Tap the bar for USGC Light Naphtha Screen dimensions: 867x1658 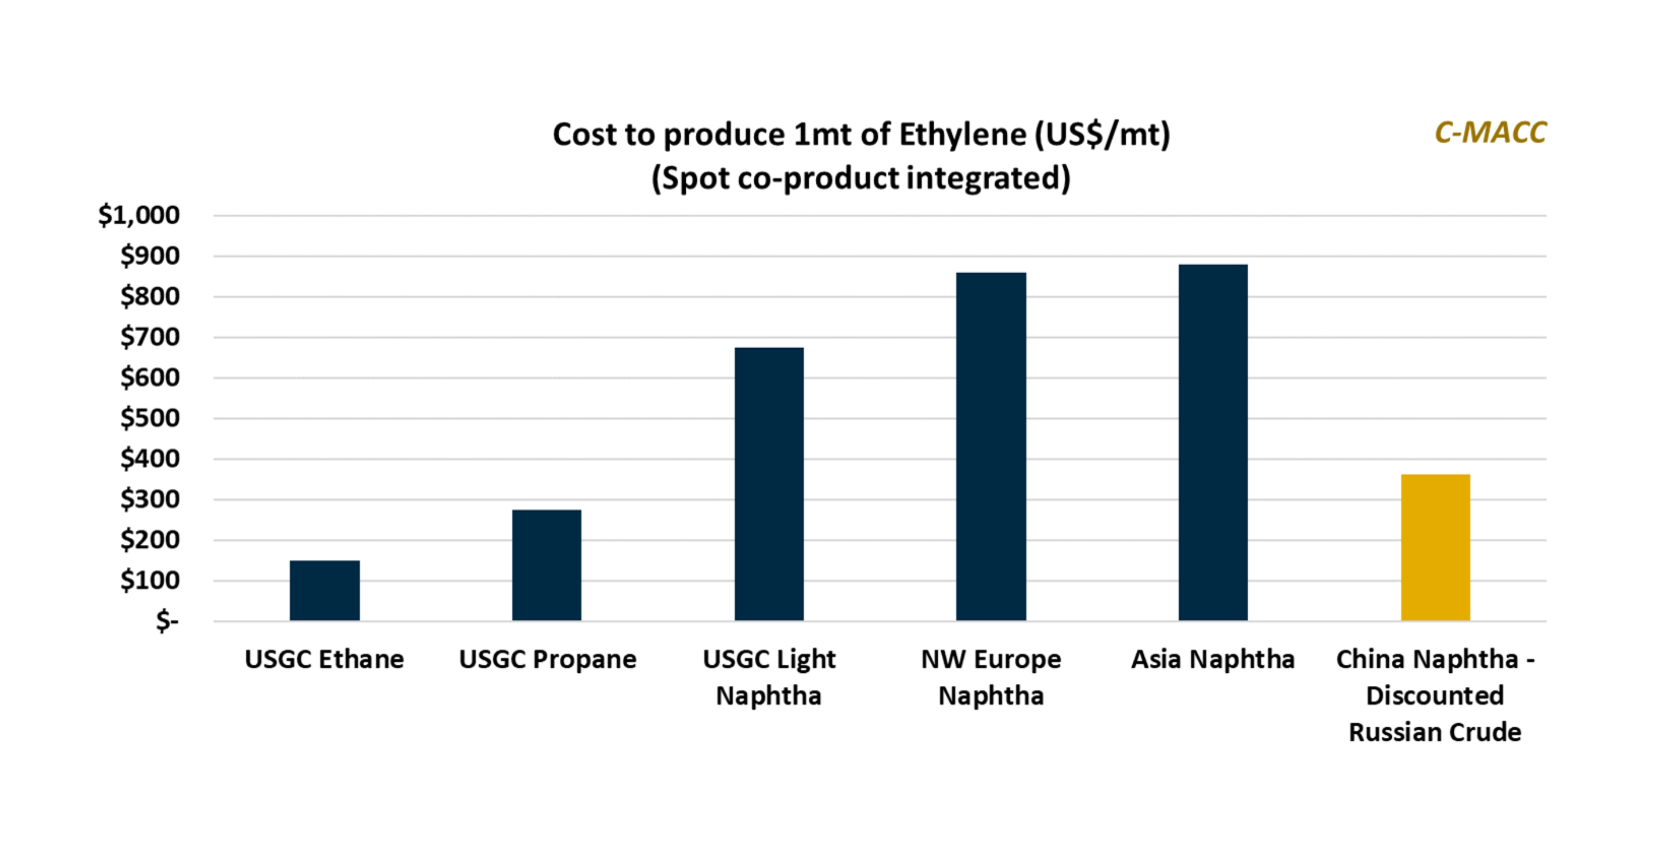(769, 484)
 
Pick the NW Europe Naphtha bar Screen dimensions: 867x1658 (991, 447)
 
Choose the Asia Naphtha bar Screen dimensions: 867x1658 (1213, 443)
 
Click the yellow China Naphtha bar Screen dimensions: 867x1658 (1435, 547)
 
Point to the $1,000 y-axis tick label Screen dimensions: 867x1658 (139, 215)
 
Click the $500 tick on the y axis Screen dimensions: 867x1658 (150, 419)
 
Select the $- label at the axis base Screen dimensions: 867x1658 (167, 621)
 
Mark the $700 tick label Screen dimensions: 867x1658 (150, 337)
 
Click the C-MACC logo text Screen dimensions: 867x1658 (1490, 133)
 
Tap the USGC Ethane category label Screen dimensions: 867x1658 (325, 659)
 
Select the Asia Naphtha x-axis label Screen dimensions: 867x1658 (1213, 659)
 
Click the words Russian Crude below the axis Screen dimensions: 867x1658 (1435, 732)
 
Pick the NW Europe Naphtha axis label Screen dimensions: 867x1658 (991, 677)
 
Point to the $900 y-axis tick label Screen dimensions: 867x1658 (150, 256)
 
